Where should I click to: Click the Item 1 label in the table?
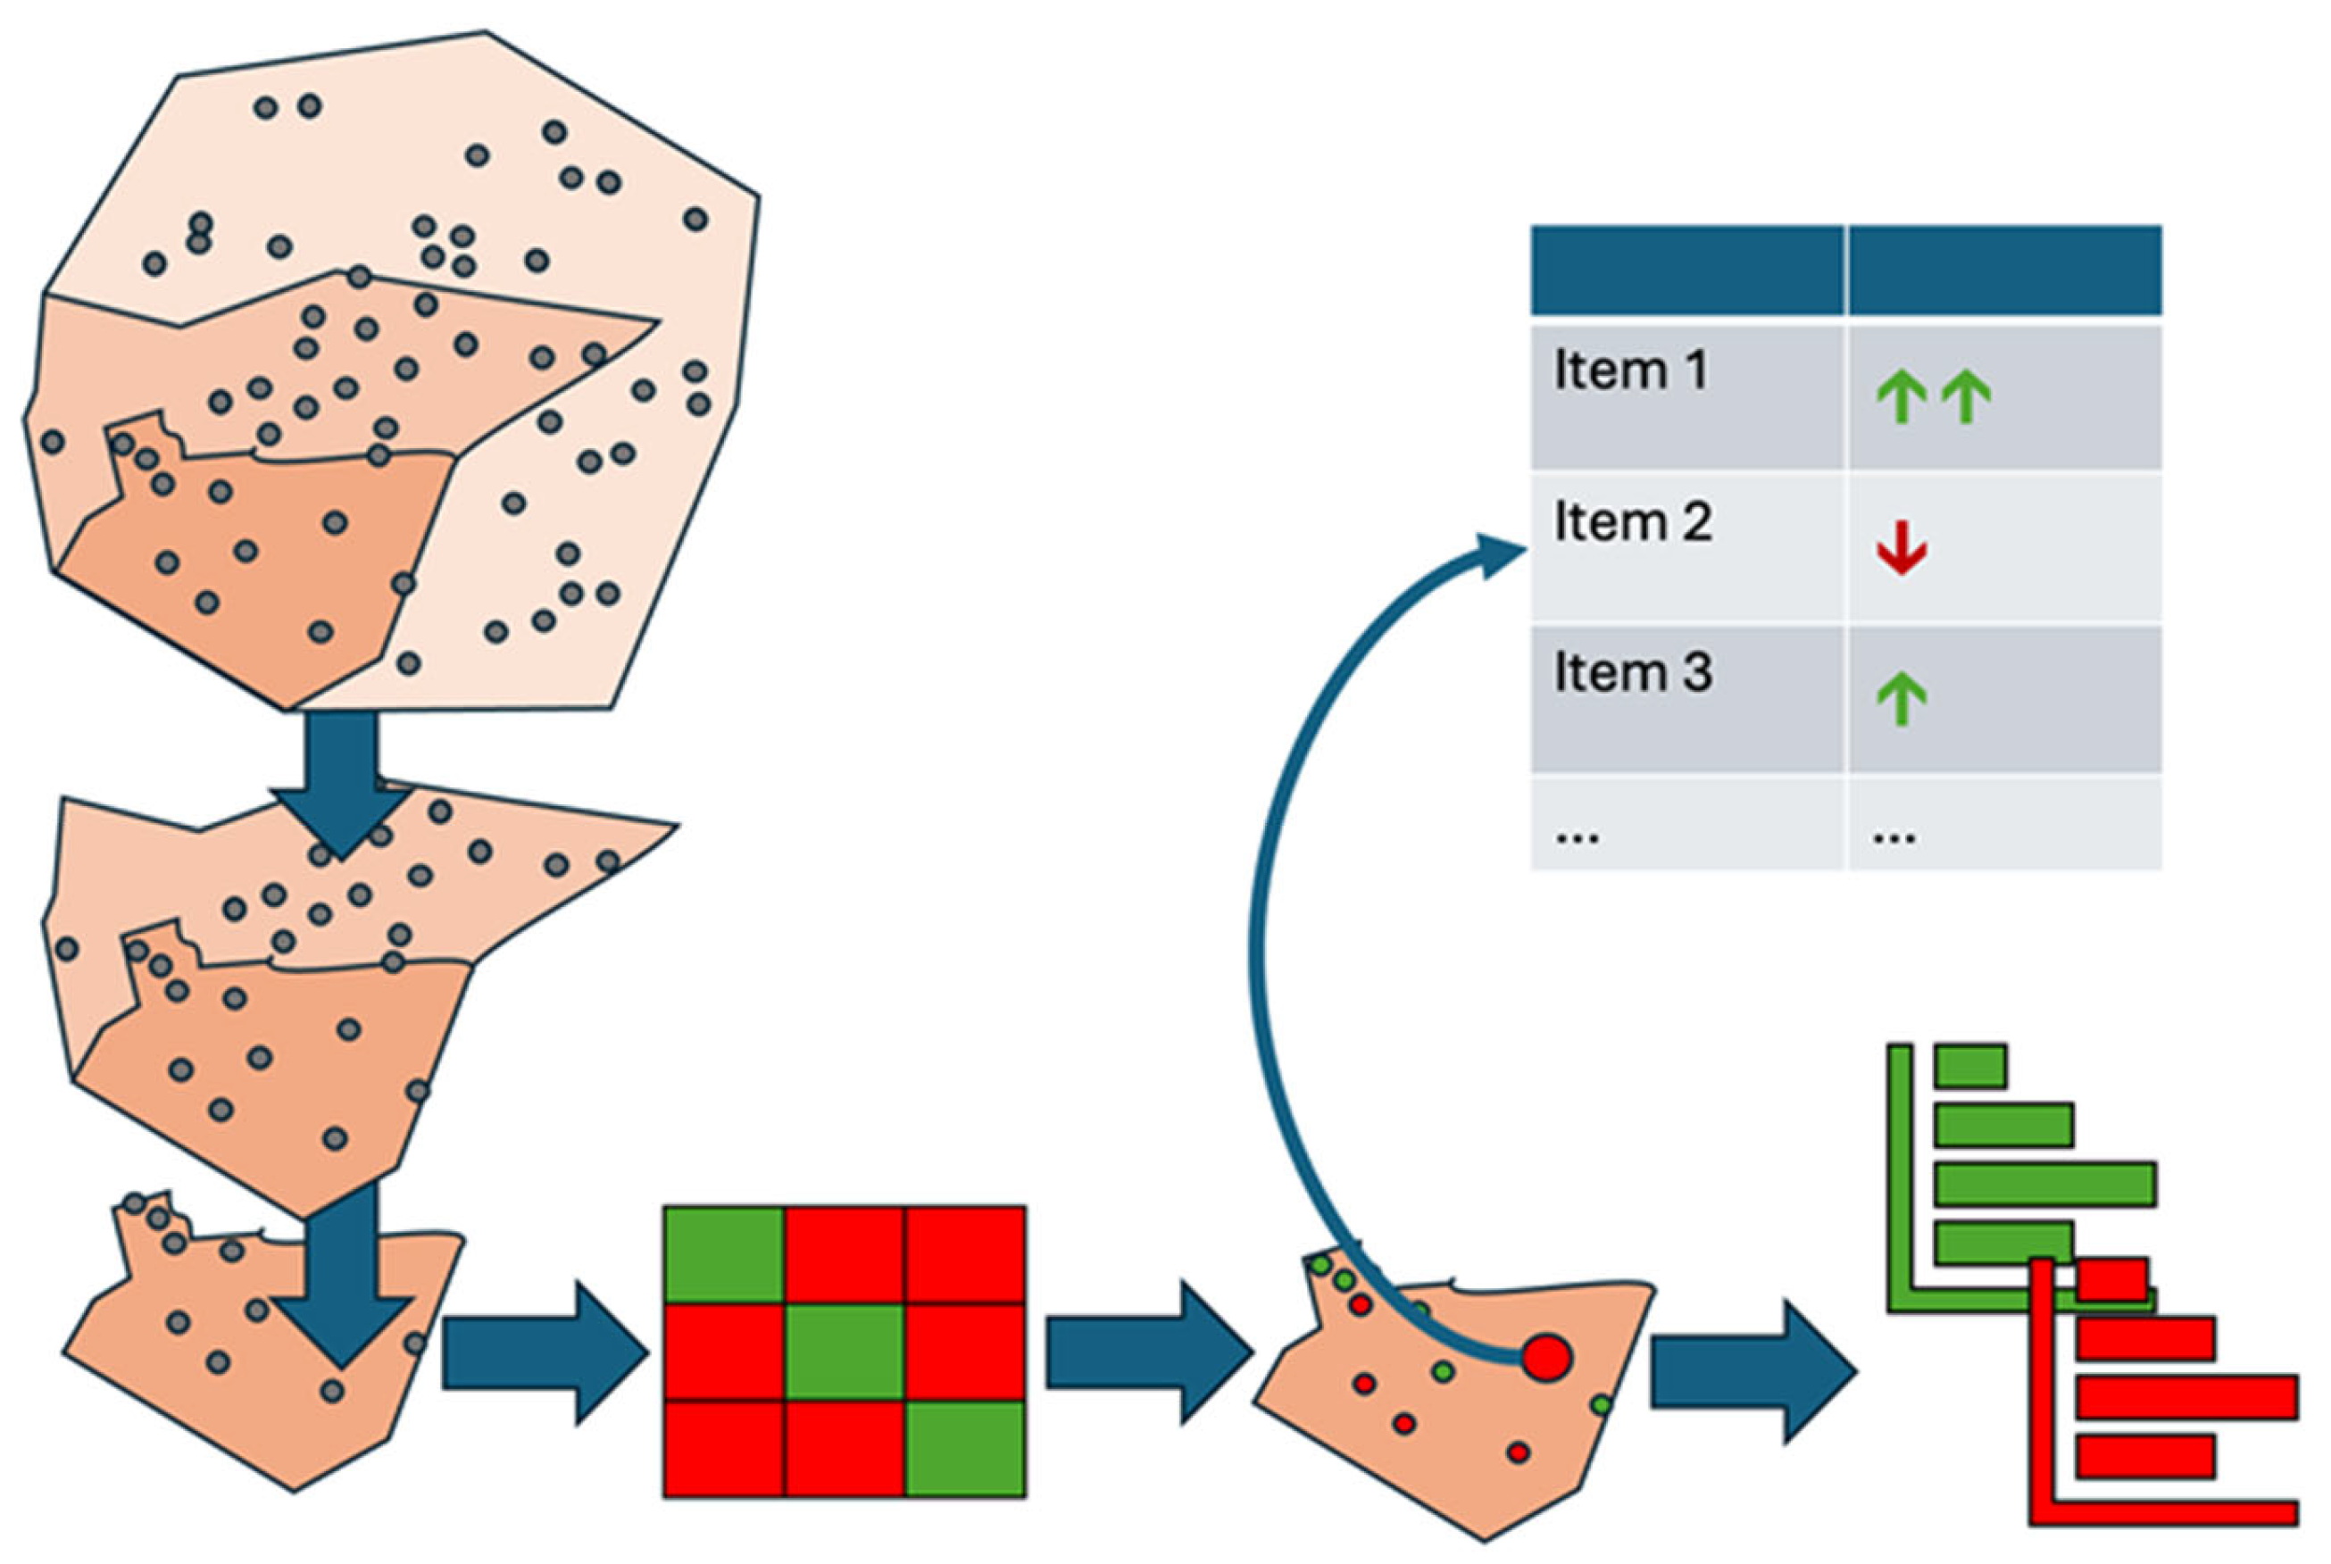tap(1630, 371)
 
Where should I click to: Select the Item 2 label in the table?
tap(1632, 521)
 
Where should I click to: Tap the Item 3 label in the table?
tap(1632, 672)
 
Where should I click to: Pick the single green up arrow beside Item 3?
tap(1900, 699)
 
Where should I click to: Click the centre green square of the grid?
tap(844, 1352)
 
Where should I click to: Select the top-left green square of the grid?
tap(723, 1254)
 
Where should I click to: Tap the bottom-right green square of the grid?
tap(964, 1448)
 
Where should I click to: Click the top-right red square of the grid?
tap(964, 1254)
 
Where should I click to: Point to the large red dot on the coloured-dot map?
tap(1546, 1358)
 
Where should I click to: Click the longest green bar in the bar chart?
tap(2044, 1184)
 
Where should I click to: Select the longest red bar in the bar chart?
tap(2186, 1396)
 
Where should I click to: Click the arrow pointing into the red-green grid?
tap(545, 1352)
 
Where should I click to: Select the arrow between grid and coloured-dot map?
tap(1148, 1352)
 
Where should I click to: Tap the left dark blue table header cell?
tap(1686, 270)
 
